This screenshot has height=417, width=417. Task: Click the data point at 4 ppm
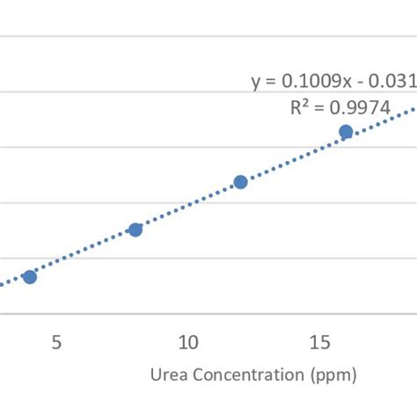click(x=30, y=276)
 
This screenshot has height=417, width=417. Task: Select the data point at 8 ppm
click(x=135, y=230)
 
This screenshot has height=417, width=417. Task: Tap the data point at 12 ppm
click(x=240, y=182)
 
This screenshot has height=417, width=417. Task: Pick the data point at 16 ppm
click(x=346, y=132)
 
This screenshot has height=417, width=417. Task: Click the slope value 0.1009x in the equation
click(x=318, y=81)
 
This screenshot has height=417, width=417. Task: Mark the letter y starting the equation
click(x=256, y=83)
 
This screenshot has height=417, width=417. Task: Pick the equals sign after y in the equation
click(x=269, y=82)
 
